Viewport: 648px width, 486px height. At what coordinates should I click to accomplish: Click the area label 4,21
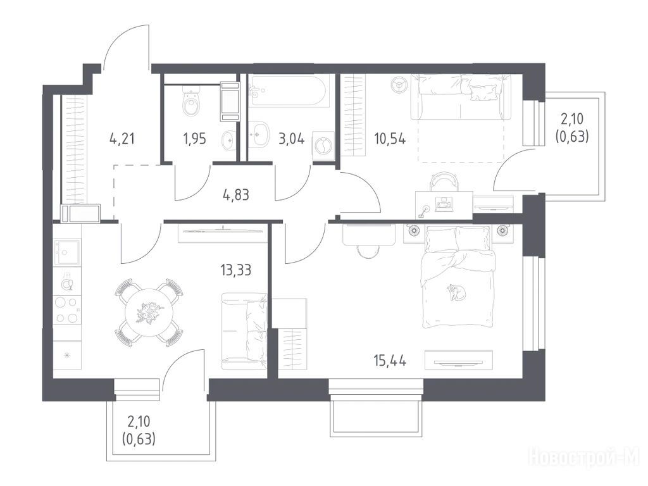click(x=122, y=138)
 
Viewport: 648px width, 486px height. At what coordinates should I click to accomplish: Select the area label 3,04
click(x=292, y=139)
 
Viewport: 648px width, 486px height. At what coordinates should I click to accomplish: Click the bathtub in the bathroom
click(x=289, y=90)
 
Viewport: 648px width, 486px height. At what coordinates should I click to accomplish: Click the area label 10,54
click(x=390, y=139)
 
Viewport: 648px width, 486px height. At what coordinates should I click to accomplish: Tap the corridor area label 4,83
click(x=235, y=194)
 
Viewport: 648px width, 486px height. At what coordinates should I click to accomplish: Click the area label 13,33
click(x=235, y=270)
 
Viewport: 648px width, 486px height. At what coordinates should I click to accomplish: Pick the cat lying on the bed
click(x=456, y=292)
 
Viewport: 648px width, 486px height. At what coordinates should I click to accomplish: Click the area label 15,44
click(x=390, y=361)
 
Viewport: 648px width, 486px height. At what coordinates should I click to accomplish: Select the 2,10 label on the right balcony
click(x=572, y=119)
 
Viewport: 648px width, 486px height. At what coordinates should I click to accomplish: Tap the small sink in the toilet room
click(x=228, y=140)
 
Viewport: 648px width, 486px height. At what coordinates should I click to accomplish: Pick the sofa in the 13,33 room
click(x=244, y=330)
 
